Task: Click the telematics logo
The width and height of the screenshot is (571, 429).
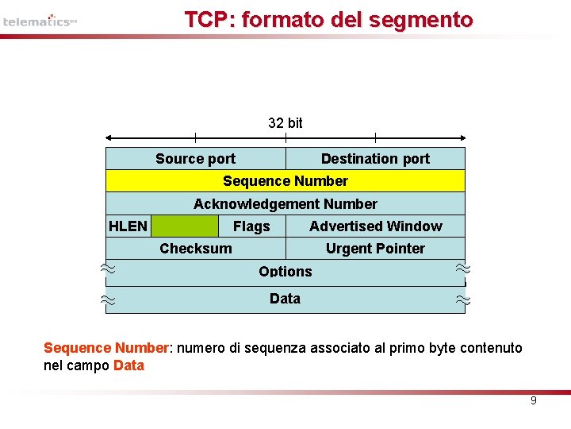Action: tap(40, 21)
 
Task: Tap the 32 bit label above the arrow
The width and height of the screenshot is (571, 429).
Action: tap(285, 122)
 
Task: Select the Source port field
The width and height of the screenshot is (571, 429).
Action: tap(195, 159)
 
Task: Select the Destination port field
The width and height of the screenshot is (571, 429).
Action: tap(375, 159)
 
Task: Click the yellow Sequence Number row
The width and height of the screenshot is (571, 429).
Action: tap(285, 181)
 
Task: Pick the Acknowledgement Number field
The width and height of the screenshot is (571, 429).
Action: tap(285, 204)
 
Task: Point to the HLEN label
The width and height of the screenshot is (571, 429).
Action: tap(128, 226)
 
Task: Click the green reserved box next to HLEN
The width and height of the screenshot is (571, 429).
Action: tap(184, 226)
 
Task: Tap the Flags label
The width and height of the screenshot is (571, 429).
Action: tap(251, 226)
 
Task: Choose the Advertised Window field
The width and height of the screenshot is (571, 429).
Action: tap(375, 226)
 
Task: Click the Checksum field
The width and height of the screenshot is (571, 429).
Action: tap(196, 249)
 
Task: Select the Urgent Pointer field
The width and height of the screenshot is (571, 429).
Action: tap(375, 249)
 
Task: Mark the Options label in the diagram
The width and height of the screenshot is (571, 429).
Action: tap(285, 271)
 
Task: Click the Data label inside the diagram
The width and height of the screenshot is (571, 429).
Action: tap(285, 299)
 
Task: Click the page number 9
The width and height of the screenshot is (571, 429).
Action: tap(533, 400)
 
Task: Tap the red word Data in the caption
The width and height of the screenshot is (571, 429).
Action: tap(128, 365)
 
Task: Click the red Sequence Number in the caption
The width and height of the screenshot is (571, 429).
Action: tap(105, 348)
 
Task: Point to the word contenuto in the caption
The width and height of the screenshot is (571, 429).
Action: tap(493, 348)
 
